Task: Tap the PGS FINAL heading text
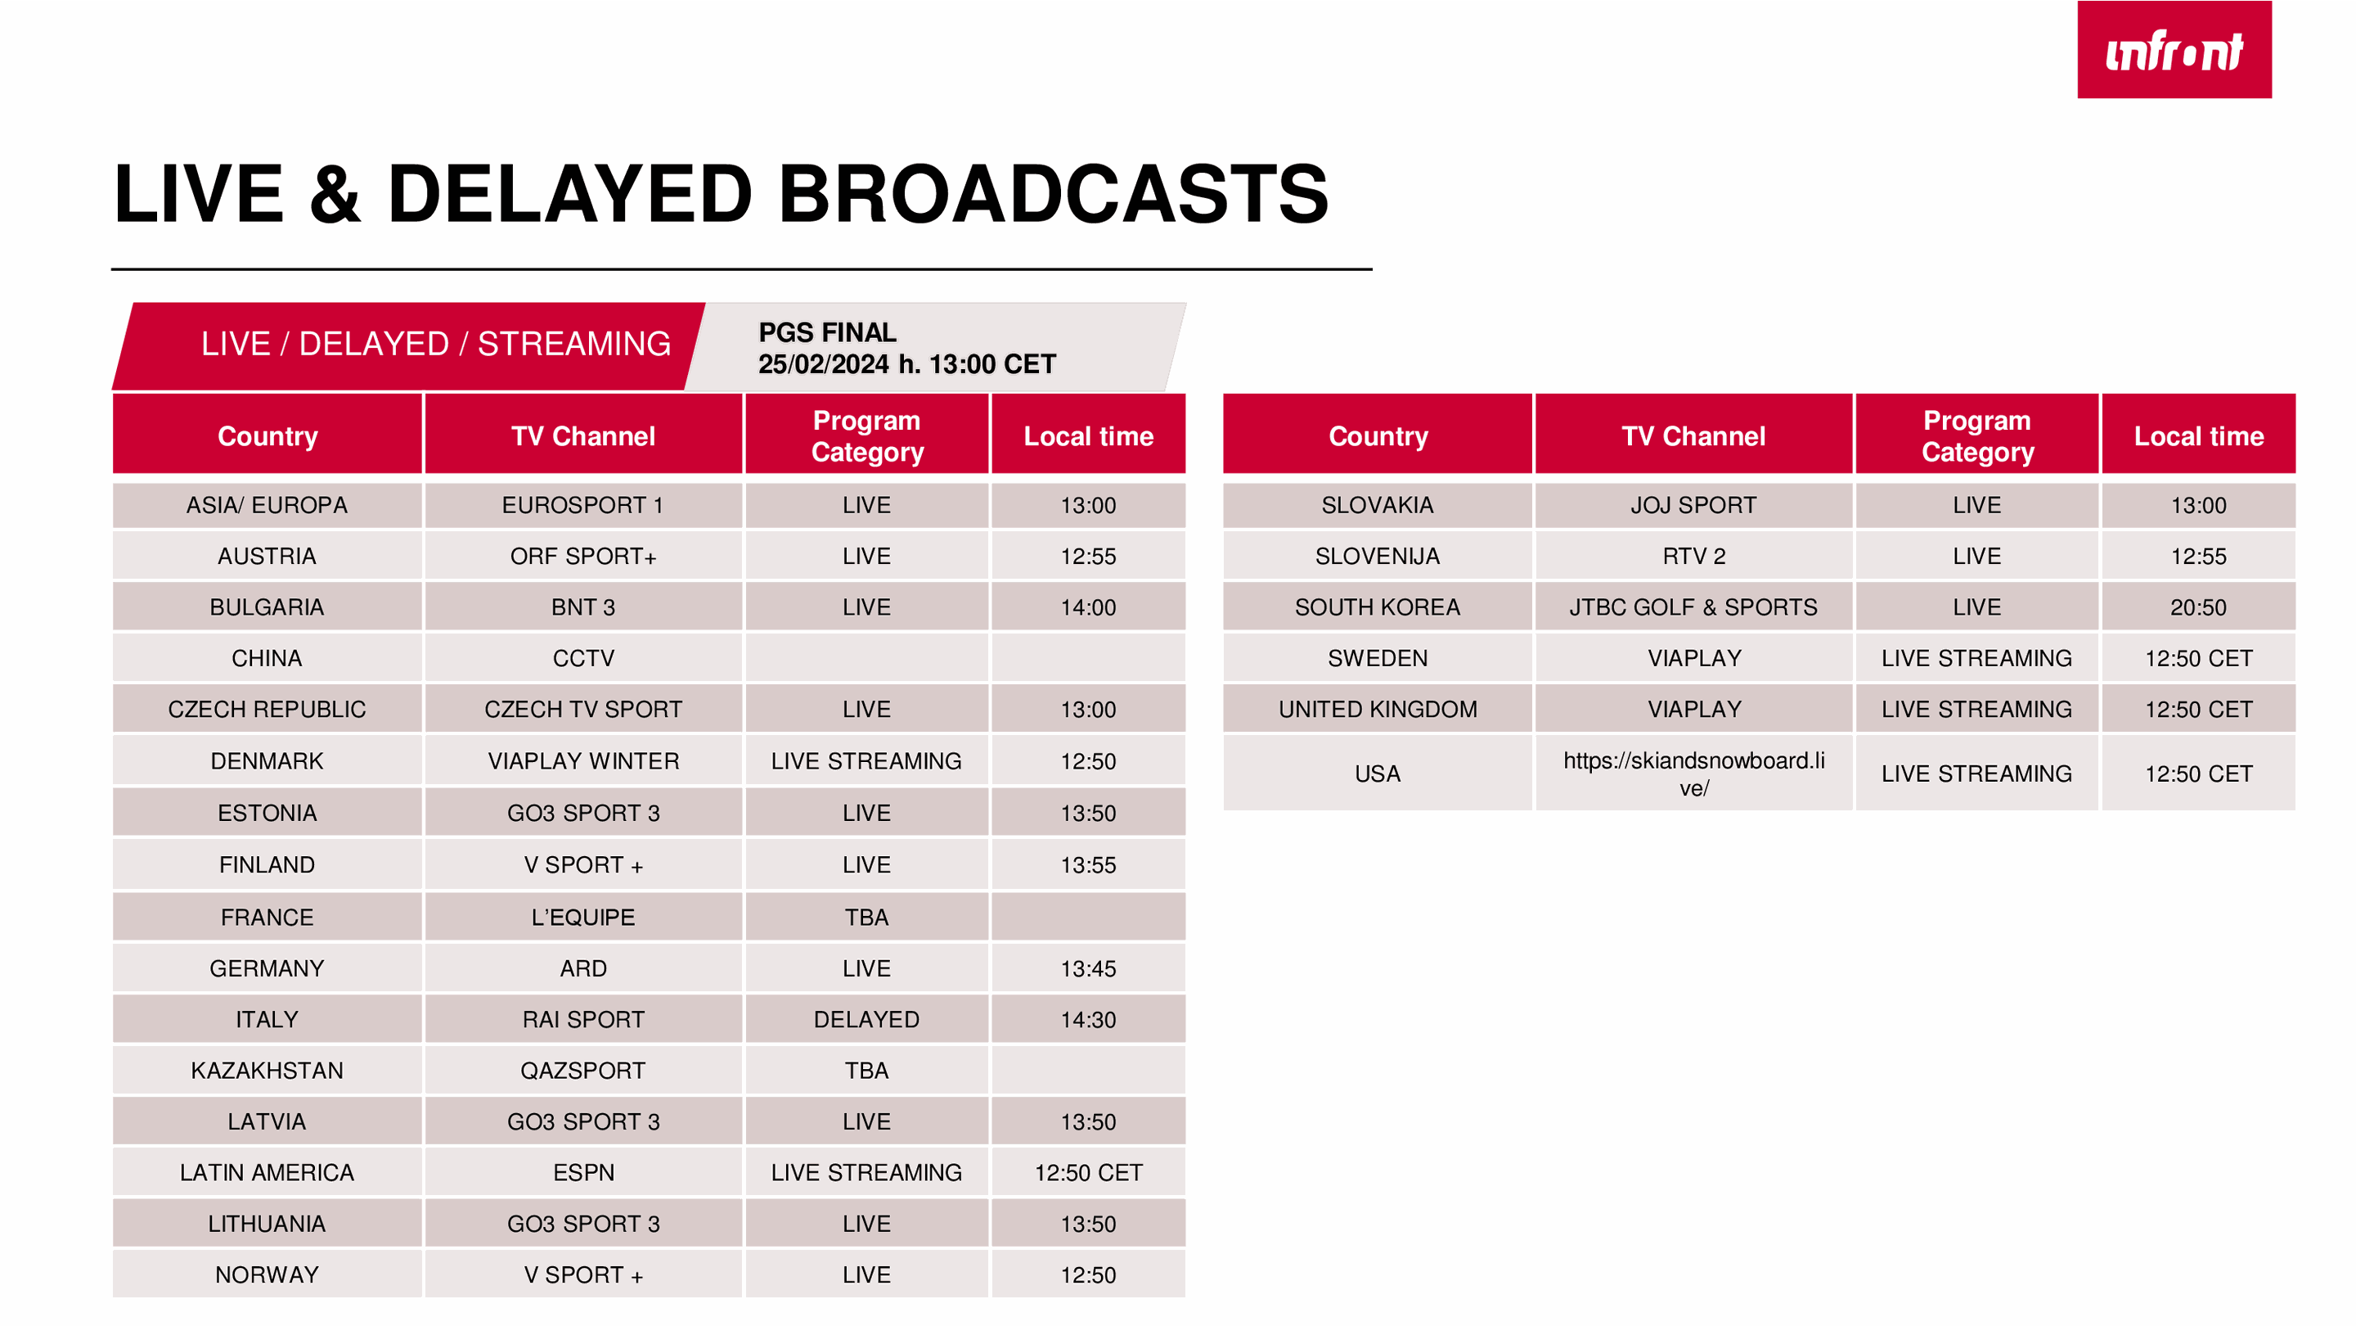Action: point(827,331)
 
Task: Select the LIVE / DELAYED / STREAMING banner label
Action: point(435,344)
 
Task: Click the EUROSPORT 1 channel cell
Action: point(582,505)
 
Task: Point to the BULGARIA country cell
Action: point(266,607)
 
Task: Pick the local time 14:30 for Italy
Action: point(1088,1019)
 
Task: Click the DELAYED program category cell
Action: point(866,1019)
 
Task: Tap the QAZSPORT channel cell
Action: point(582,1071)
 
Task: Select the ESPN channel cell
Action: point(583,1172)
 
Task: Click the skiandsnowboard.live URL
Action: point(1694,773)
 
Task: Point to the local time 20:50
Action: point(2198,607)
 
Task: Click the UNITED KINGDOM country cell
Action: point(1378,709)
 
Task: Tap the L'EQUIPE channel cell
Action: point(582,917)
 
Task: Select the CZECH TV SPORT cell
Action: point(582,709)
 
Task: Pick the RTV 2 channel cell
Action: point(1694,557)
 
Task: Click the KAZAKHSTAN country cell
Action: point(266,1071)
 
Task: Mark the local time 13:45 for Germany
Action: point(1088,968)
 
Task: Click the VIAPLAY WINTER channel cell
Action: point(583,761)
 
